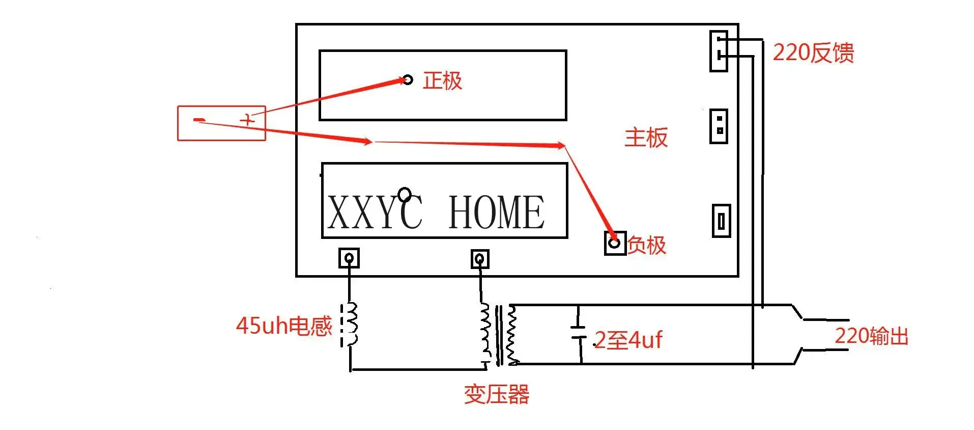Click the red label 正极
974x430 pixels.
tap(442, 81)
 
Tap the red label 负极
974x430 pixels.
tap(646, 245)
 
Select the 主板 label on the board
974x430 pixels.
tap(646, 138)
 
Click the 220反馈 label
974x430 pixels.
tap(813, 53)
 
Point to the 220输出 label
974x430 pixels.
tap(871, 336)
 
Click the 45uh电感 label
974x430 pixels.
tap(283, 326)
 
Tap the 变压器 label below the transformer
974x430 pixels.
tap(496, 394)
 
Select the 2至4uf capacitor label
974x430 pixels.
tap(628, 340)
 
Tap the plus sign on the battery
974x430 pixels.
tap(248, 121)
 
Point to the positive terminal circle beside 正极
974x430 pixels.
tap(408, 80)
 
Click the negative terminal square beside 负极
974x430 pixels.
tap(615, 243)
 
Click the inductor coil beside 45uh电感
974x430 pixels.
tap(351, 325)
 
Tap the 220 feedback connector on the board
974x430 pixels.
tap(719, 51)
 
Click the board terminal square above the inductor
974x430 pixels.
tap(349, 258)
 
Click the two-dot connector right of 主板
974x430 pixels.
tap(719, 126)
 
